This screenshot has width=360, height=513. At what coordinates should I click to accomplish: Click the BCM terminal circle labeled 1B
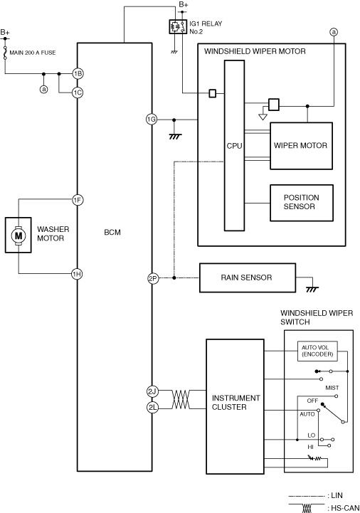(78, 73)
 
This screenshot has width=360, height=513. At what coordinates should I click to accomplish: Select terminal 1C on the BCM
(78, 92)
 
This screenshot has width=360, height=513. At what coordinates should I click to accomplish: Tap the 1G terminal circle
(152, 120)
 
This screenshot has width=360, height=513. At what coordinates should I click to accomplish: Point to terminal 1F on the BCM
(78, 200)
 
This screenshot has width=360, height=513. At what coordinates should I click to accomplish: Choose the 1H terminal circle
(77, 274)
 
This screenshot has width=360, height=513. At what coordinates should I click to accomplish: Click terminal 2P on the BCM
(153, 278)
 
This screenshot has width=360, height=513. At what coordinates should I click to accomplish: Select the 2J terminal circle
(152, 391)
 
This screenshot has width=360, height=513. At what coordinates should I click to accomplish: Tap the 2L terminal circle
(152, 407)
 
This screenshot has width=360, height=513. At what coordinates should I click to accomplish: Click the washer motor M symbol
(18, 236)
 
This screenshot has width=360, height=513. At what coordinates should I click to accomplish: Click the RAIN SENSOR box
(248, 277)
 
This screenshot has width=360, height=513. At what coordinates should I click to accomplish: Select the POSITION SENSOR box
(302, 203)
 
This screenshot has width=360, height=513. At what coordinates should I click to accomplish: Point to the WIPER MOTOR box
(301, 146)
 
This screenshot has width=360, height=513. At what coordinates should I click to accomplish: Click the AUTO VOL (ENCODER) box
(317, 351)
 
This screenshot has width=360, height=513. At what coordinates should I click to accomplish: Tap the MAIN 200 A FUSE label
(33, 53)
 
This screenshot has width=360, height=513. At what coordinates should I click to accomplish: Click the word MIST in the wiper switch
(332, 388)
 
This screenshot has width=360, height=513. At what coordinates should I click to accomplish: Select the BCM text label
(112, 232)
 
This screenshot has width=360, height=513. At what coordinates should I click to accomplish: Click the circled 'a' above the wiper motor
(334, 32)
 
